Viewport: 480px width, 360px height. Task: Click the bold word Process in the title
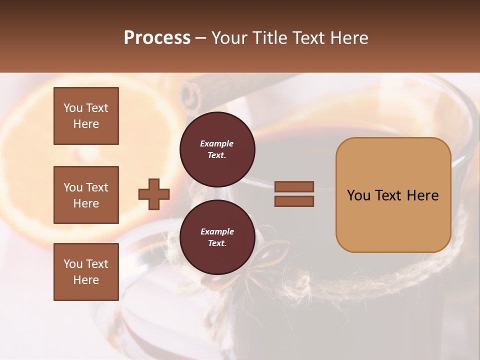click(x=157, y=37)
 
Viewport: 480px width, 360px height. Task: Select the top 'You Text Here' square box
click(x=86, y=116)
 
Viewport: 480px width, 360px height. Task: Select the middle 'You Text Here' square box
click(x=86, y=195)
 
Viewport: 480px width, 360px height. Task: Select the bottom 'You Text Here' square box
click(x=86, y=272)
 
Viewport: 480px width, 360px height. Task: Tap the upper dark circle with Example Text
click(x=217, y=149)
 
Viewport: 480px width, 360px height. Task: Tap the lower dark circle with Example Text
click(x=217, y=237)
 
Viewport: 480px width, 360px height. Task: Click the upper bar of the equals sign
click(x=294, y=186)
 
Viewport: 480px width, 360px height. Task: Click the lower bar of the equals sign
click(x=294, y=201)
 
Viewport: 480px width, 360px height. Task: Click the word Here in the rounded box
click(x=422, y=195)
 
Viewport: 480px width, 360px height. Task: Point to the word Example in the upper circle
click(x=217, y=143)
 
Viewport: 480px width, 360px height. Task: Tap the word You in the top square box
click(x=72, y=108)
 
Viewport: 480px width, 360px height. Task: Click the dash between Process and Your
click(x=200, y=37)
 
